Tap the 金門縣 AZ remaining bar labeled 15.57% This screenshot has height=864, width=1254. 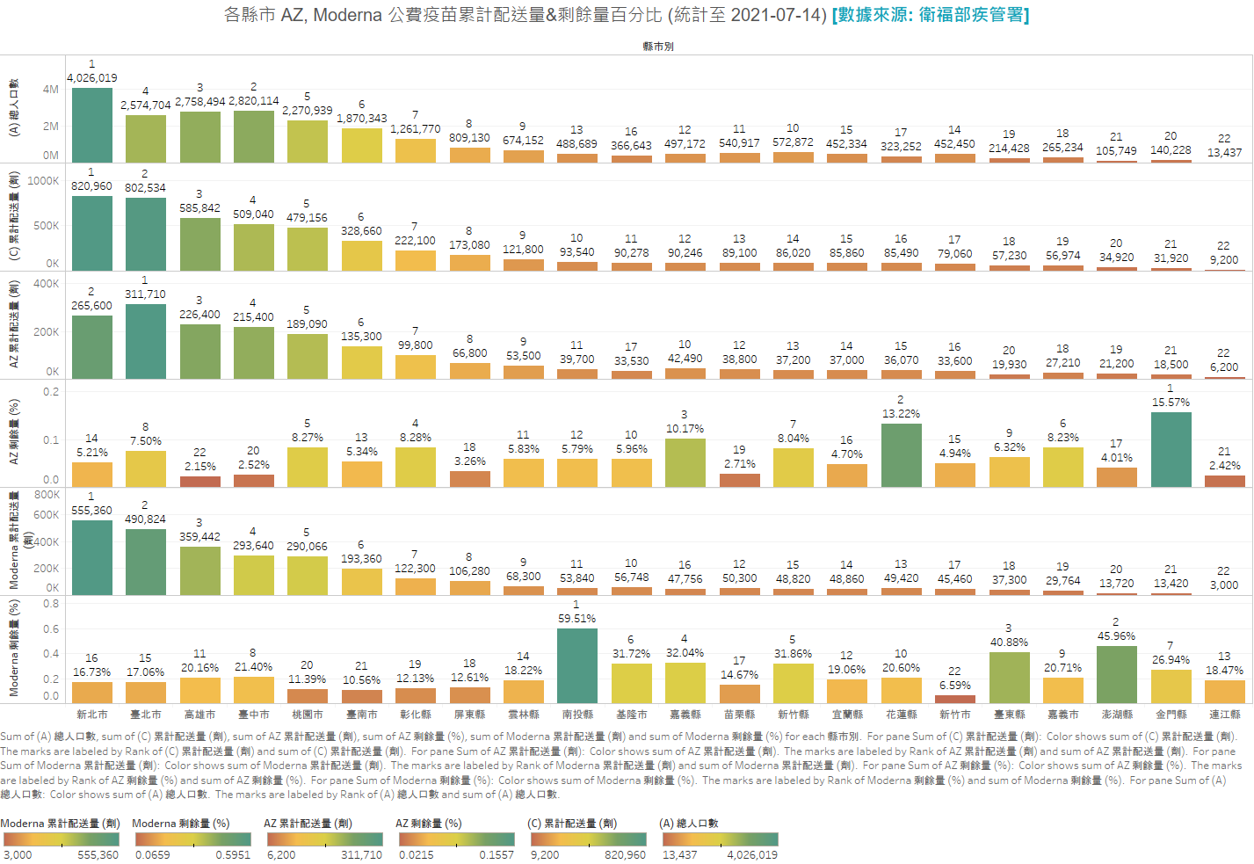(1171, 449)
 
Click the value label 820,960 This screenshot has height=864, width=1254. (91, 186)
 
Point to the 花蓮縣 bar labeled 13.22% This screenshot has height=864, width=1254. (901, 455)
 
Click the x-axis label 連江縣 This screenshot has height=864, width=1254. (1224, 715)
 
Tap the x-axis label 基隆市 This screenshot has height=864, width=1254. (631, 715)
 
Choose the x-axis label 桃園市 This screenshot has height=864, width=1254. (307, 715)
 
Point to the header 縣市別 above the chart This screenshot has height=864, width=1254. (658, 47)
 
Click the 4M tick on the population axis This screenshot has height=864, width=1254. (51, 90)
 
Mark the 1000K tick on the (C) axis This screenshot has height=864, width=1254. (44, 181)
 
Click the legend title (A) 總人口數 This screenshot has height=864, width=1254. (689, 824)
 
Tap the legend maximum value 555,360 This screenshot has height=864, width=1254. (98, 855)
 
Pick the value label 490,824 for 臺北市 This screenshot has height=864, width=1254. (145, 519)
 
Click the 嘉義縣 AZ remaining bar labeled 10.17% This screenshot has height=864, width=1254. (685, 462)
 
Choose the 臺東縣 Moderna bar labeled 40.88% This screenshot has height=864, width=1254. (1009, 677)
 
